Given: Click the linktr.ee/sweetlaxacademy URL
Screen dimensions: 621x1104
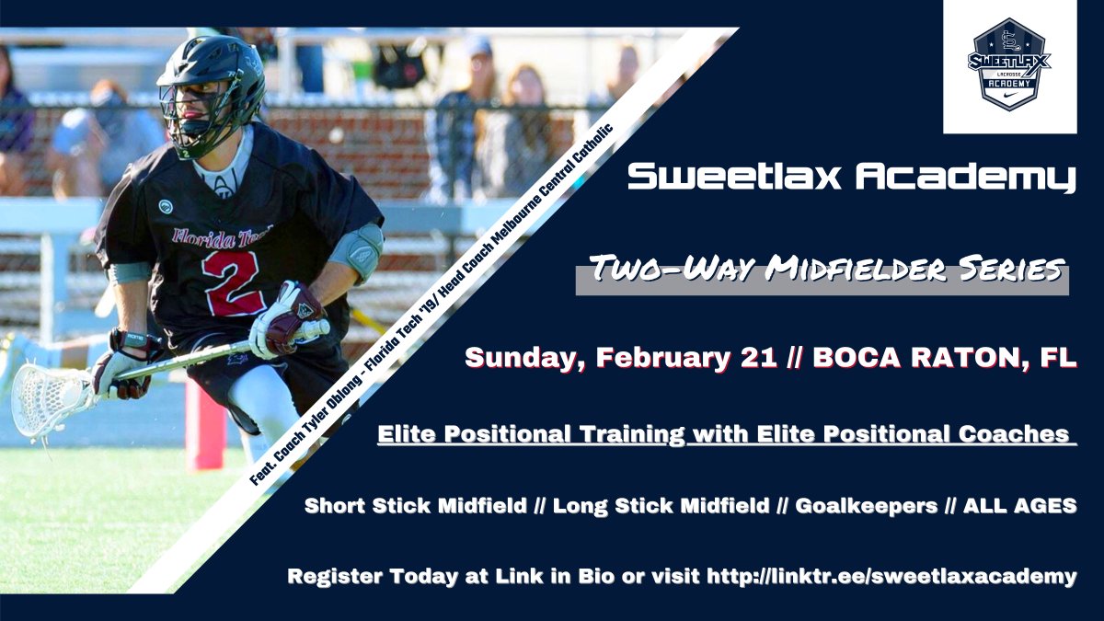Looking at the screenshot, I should tap(891, 577).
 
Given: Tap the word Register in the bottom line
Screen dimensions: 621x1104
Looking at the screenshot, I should tap(333, 577).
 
